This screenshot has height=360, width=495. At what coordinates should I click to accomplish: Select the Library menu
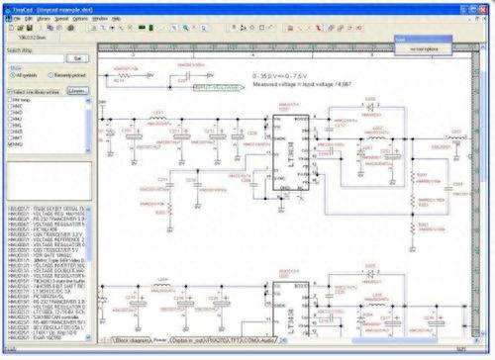coord(45,19)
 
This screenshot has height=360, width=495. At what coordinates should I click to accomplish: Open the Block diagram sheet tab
coord(135,339)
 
